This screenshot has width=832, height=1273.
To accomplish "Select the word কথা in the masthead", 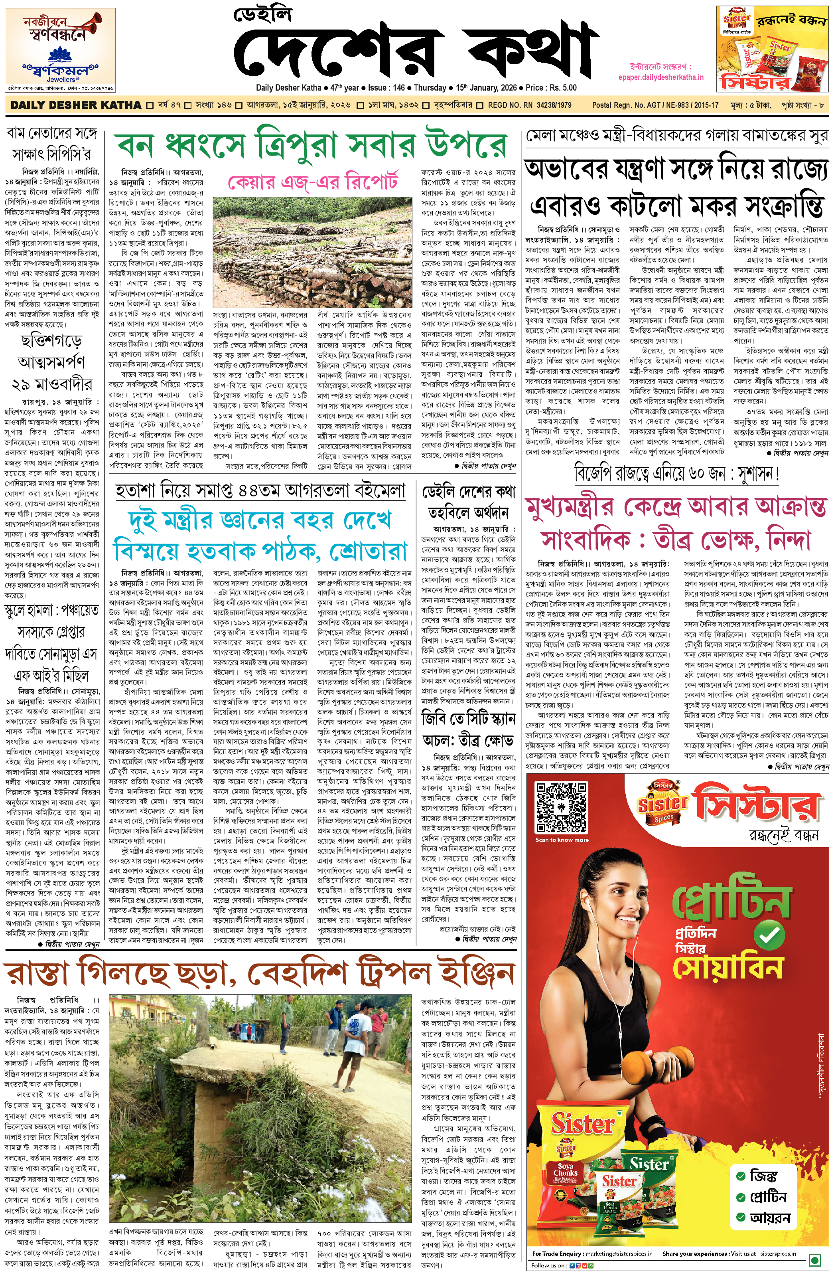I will pyautogui.click(x=530, y=52).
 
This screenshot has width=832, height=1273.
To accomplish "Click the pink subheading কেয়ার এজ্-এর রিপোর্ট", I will pyautogui.click(x=313, y=182).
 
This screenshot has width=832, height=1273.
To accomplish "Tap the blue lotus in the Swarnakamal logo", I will pyautogui.click(x=60, y=55).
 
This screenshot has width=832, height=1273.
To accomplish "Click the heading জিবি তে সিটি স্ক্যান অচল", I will pyautogui.click(x=468, y=729).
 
